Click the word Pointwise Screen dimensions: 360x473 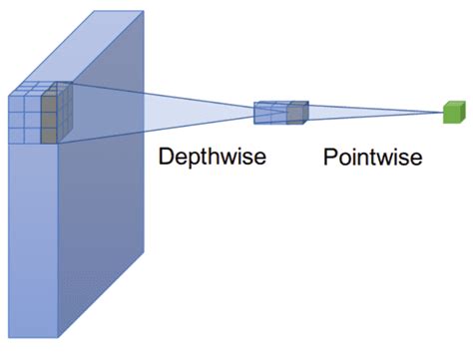point(372,158)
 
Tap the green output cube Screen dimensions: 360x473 point(455,113)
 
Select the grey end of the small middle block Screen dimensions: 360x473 point(295,115)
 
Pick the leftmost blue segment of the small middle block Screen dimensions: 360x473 point(262,115)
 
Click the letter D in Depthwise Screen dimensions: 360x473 point(166,157)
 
